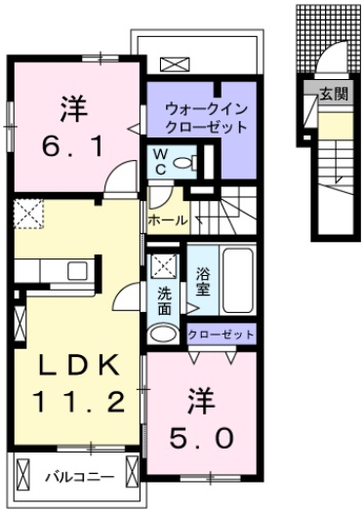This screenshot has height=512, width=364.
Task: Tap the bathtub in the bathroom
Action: (x=237, y=279)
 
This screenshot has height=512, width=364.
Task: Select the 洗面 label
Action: (x=165, y=299)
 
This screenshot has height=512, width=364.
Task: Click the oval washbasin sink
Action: (x=163, y=335)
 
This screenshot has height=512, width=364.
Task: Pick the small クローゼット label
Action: (x=221, y=335)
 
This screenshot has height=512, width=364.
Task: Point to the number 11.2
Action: (x=81, y=400)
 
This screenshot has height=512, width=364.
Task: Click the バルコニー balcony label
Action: (x=79, y=478)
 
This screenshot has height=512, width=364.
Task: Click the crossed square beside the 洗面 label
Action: (x=162, y=263)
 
